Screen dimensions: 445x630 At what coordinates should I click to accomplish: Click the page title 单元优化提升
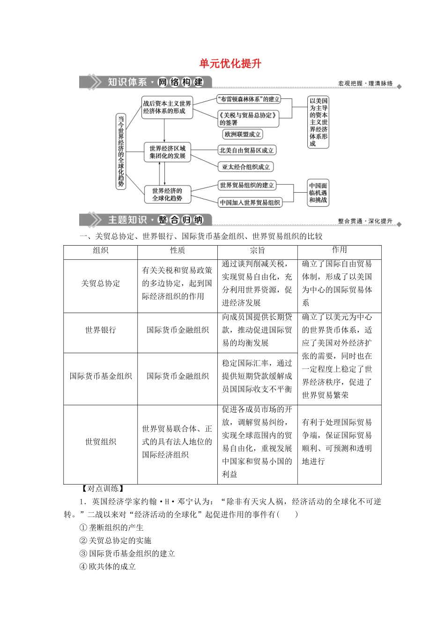(x=230, y=64)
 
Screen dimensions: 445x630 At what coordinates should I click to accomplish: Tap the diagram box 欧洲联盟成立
(x=243, y=135)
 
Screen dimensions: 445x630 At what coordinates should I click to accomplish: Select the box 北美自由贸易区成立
(x=246, y=150)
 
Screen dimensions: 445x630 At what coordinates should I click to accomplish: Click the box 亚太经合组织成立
(x=246, y=167)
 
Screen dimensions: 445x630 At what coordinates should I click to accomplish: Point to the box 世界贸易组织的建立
(x=247, y=186)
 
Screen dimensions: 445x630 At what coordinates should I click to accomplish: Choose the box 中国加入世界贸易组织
(x=250, y=202)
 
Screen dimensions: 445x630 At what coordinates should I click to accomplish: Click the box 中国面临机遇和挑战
(x=318, y=193)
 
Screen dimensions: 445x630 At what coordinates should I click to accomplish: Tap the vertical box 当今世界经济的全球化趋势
(x=121, y=151)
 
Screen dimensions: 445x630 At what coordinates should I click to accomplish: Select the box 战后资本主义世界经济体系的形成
(x=167, y=107)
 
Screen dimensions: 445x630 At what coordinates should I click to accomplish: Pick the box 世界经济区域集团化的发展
(x=167, y=152)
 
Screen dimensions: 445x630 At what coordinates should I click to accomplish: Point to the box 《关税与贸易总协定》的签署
(x=248, y=119)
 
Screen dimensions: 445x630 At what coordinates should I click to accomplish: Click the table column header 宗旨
(x=257, y=250)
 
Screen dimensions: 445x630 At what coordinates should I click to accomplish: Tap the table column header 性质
(x=177, y=250)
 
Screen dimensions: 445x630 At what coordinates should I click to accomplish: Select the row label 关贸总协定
(x=100, y=284)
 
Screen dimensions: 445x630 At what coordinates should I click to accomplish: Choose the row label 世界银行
(x=100, y=330)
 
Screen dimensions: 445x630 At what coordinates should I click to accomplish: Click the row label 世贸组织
(x=100, y=442)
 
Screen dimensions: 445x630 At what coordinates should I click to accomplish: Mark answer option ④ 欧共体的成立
(x=108, y=567)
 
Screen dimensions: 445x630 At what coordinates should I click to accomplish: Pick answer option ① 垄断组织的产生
(x=111, y=527)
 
